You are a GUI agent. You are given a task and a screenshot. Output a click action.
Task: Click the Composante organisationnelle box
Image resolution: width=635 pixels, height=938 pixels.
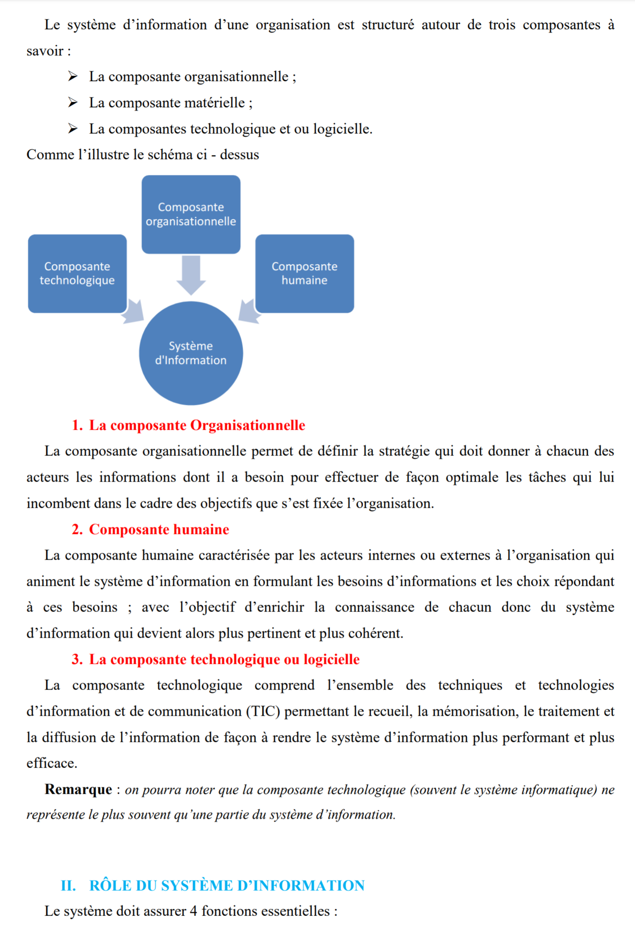click(x=191, y=214)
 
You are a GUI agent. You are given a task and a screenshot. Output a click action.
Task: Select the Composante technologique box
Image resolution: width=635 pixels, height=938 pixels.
click(x=77, y=273)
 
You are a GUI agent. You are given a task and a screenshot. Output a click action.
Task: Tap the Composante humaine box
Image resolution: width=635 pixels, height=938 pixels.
click(x=304, y=273)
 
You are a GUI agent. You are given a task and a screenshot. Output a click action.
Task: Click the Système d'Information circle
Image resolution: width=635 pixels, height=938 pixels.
click(x=191, y=353)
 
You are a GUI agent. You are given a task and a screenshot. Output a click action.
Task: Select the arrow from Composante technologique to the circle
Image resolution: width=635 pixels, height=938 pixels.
click(x=133, y=311)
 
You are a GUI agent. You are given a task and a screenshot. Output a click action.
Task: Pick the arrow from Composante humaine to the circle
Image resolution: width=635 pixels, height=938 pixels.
click(x=249, y=311)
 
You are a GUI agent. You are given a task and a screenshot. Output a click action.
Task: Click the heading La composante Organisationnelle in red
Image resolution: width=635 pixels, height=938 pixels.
click(x=197, y=425)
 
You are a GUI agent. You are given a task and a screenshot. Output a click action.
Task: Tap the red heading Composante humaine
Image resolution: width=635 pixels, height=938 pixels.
click(x=159, y=529)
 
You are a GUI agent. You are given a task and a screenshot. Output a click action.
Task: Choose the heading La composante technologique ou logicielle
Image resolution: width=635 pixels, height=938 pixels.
click(x=224, y=659)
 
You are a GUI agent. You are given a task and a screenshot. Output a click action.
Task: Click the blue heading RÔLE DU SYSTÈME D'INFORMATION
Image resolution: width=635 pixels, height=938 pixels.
click(x=226, y=886)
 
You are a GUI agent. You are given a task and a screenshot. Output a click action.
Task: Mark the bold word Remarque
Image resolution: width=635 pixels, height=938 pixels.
click(x=78, y=789)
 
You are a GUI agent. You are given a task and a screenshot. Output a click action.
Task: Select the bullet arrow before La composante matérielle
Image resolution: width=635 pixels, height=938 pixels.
click(x=73, y=103)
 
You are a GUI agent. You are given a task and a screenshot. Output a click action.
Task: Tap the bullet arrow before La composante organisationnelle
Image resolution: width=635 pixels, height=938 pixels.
click(x=73, y=77)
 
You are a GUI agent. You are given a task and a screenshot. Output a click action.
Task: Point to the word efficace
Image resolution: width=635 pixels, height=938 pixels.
click(x=51, y=763)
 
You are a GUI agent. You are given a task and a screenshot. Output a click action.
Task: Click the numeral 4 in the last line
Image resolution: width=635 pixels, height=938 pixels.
click(x=193, y=911)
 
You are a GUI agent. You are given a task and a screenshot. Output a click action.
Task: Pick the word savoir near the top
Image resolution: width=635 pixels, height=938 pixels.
click(x=45, y=51)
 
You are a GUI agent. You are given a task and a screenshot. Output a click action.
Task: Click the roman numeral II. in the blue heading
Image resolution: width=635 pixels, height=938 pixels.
click(x=69, y=886)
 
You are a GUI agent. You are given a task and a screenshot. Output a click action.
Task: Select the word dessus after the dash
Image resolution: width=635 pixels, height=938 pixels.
click(x=239, y=155)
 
